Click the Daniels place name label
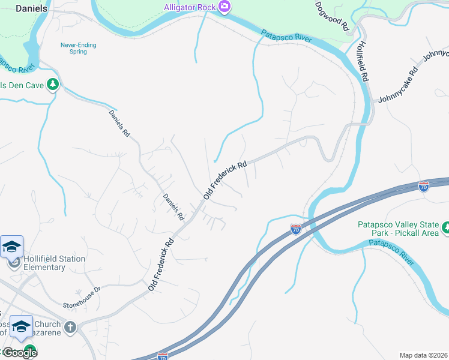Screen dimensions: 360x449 (x=31, y=8)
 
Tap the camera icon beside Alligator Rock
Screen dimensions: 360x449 (x=224, y=7)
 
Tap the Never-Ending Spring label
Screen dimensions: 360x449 (x=78, y=49)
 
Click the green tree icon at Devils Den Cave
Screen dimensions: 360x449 (x=53, y=85)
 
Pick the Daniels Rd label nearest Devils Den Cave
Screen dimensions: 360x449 (x=119, y=124)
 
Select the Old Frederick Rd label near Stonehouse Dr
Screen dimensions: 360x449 (x=161, y=264)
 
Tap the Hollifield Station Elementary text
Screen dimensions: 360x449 (x=54, y=263)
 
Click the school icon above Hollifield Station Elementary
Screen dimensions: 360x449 (x=11, y=247)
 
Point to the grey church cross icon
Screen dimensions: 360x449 (x=70, y=328)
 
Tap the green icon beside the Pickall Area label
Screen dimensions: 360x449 (x=445, y=227)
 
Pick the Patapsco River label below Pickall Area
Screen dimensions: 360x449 (x=391, y=251)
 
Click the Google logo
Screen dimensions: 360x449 (x=19, y=353)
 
